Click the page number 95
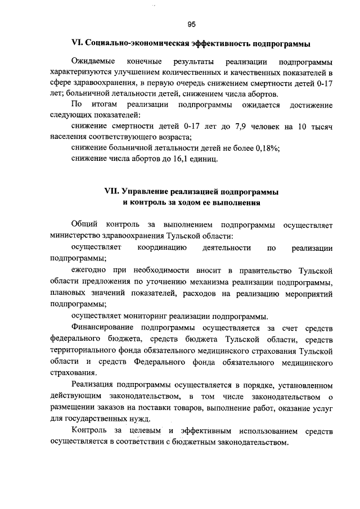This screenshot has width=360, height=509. [191, 24]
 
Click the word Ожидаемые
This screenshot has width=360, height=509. [93, 61]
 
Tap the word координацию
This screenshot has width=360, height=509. [160, 247]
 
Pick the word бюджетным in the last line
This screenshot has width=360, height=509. [201, 442]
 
